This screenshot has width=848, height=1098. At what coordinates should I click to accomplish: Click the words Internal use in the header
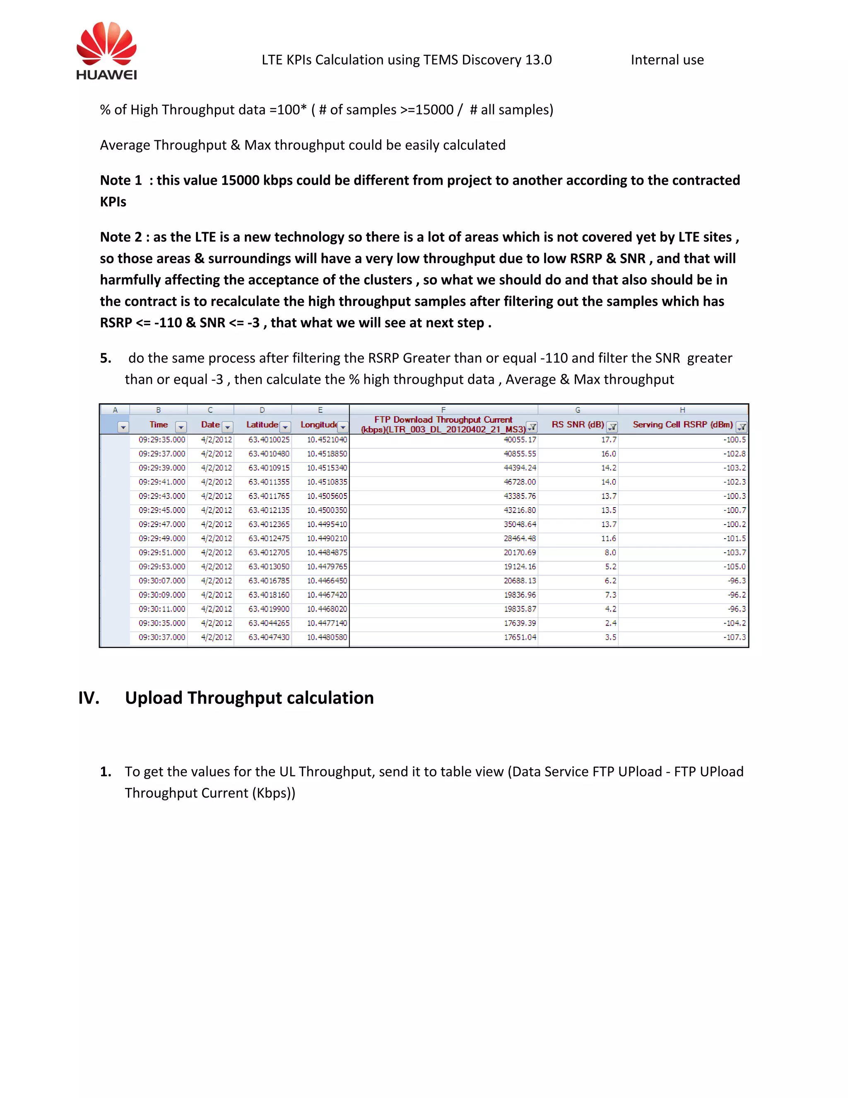[667, 60]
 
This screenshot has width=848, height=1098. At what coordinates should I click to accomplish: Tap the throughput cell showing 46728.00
[520, 481]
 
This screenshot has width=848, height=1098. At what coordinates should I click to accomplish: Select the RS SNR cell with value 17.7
[608, 439]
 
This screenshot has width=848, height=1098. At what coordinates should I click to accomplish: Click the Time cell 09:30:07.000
[162, 580]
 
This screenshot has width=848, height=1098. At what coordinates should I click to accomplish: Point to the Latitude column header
[262, 424]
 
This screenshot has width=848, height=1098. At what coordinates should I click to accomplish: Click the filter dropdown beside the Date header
[228, 427]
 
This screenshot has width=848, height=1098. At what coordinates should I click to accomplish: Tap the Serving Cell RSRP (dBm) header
[682, 424]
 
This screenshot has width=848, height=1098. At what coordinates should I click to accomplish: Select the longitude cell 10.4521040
[327, 439]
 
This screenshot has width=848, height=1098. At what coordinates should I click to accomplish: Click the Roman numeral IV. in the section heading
[89, 698]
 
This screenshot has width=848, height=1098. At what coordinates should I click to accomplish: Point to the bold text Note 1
[120, 180]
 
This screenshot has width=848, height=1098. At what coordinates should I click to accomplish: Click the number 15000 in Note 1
[240, 180]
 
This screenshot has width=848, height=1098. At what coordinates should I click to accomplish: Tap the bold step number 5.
[106, 358]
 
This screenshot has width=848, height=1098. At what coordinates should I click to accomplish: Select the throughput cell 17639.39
[520, 623]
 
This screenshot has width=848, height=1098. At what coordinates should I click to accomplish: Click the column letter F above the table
[443, 410]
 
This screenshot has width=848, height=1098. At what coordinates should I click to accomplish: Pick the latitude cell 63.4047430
[269, 637]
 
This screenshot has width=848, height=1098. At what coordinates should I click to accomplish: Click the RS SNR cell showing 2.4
[610, 623]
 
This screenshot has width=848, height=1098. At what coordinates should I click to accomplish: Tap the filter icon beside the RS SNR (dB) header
[612, 427]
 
